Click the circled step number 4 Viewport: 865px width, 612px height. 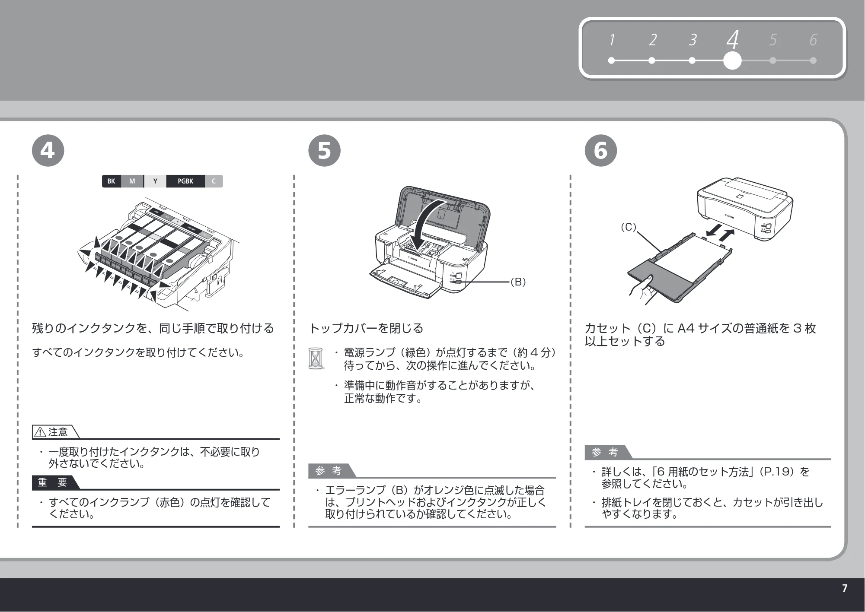coord(48,151)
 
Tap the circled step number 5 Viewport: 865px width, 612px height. coord(324,151)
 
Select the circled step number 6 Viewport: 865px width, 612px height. coord(601,151)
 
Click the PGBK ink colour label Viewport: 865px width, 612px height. coord(185,181)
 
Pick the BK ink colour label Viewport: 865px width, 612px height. coord(112,181)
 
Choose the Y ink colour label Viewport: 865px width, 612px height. coord(155,181)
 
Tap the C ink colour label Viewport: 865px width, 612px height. coord(214,181)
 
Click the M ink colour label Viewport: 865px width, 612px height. coord(132,181)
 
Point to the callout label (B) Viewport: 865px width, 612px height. coord(518,282)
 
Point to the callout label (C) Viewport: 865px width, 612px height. coord(629,227)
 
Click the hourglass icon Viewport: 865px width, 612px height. coord(316,358)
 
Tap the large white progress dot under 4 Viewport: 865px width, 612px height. coord(732,60)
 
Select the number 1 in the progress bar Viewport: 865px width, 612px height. coord(612,40)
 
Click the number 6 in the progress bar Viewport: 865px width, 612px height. coord(813,40)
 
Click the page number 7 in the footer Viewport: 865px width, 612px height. coord(845,588)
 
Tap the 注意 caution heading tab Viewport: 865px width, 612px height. coord(56,432)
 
